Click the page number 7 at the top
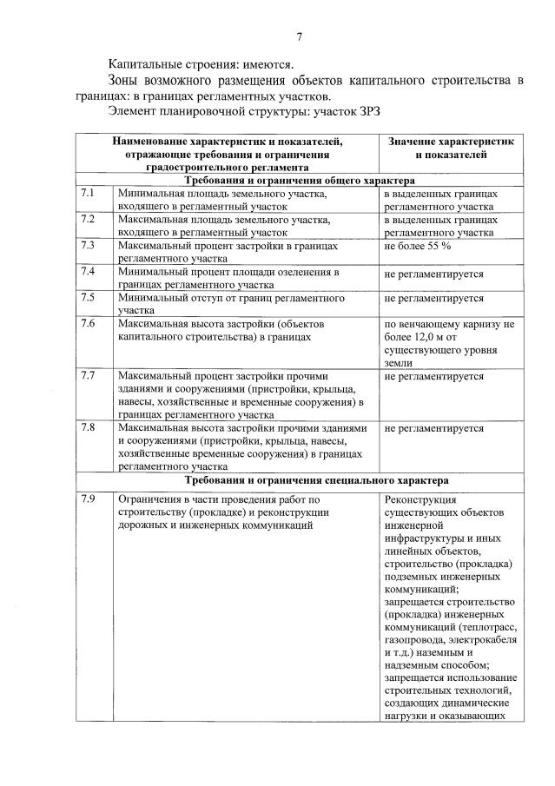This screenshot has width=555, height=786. pos(299,36)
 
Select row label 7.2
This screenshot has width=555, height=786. pos(87,219)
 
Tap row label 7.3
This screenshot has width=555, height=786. pos(87,245)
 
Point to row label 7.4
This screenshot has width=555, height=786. pos(87,271)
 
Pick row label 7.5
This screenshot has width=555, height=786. pos(87,297)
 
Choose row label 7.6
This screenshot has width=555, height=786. pos(87,323)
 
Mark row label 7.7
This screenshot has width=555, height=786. pos(87,376)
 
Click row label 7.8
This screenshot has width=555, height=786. pos(87,427)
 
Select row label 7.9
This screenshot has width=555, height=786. pos(87,499)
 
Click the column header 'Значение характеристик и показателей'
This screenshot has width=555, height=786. pos(450,148)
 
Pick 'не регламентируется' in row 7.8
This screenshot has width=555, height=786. pos(433,428)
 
